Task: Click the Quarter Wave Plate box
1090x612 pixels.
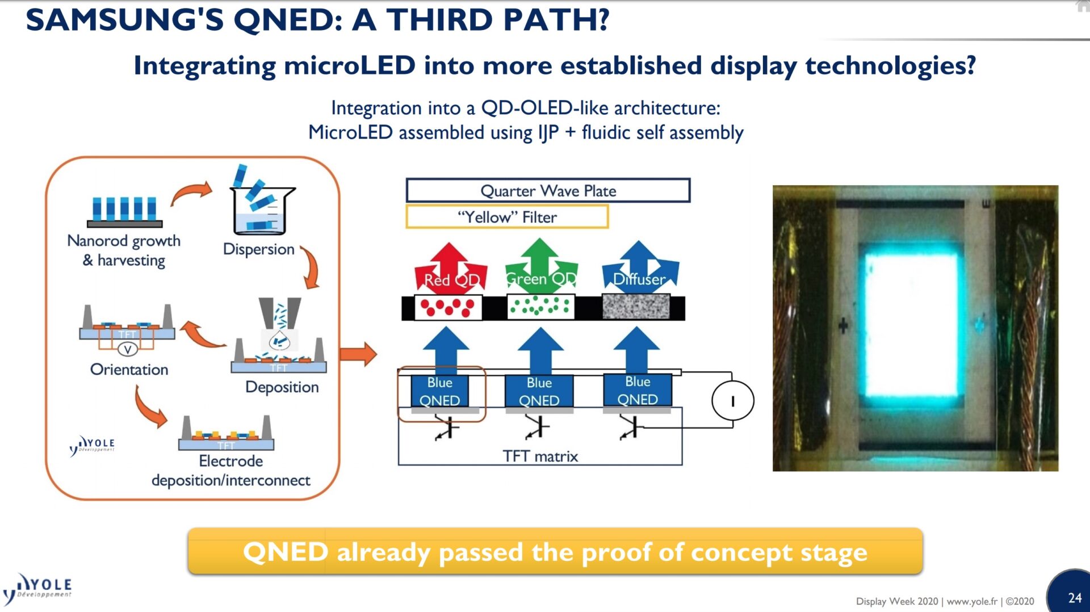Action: [548, 191]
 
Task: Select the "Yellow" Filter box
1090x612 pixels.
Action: [507, 217]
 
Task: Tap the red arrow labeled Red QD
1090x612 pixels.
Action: [450, 267]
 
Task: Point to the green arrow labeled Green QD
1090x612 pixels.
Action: [540, 266]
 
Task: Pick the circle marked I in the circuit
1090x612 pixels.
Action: [732, 401]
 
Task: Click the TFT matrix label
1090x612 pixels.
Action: [540, 456]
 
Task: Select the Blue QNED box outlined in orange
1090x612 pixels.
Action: [440, 392]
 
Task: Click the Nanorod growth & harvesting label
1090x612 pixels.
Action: [124, 250]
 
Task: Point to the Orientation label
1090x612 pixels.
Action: [129, 370]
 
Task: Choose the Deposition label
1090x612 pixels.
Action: [282, 387]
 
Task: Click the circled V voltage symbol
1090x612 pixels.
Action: [127, 349]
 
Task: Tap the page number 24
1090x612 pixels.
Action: [1074, 598]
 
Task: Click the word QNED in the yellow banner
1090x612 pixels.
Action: [286, 552]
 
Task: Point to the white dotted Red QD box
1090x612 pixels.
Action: [448, 308]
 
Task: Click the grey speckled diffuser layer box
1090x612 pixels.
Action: [636, 307]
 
